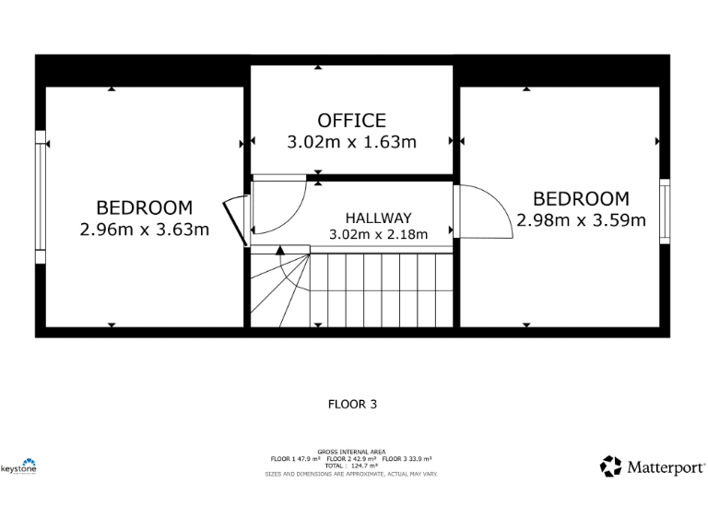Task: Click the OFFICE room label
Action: [x=351, y=121]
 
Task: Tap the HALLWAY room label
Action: [x=378, y=218]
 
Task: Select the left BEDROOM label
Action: [x=145, y=208]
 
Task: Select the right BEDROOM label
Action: [x=581, y=199]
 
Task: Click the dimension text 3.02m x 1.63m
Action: [x=351, y=142]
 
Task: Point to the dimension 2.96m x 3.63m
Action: [x=145, y=230]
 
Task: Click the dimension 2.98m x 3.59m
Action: [x=581, y=220]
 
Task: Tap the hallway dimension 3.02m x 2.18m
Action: [x=378, y=235]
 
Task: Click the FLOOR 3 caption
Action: [x=352, y=404]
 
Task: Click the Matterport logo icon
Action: [x=610, y=466]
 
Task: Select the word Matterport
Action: [x=666, y=467]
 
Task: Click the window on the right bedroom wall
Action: [x=664, y=211]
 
